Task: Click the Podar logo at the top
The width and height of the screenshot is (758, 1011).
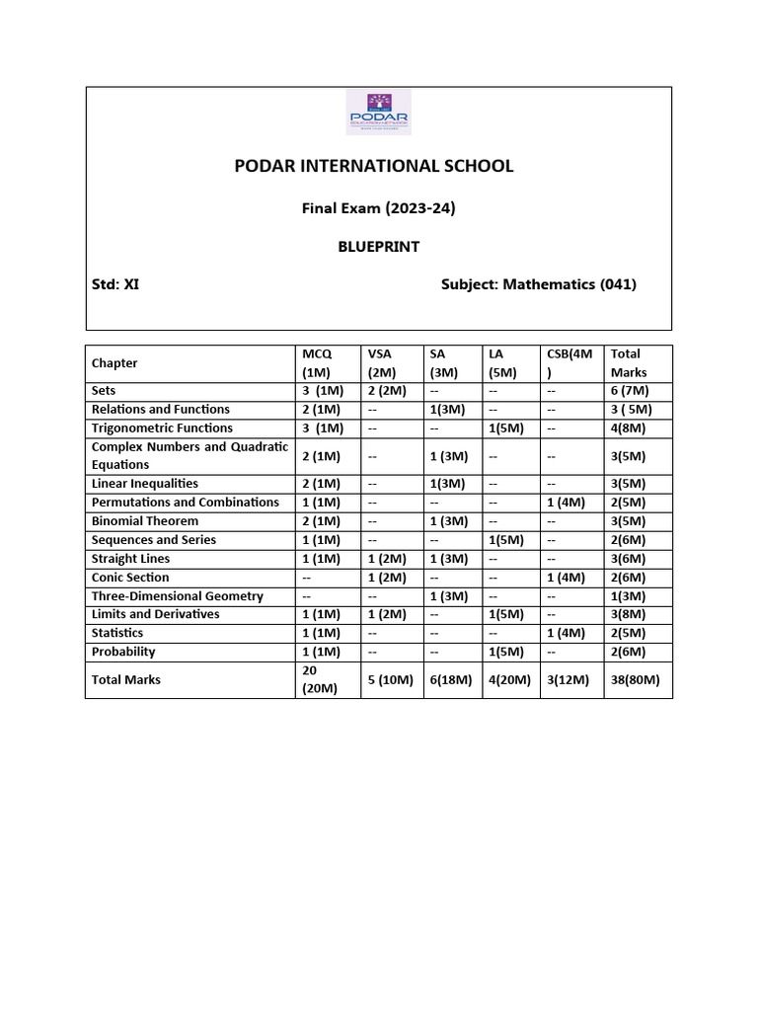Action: (x=378, y=113)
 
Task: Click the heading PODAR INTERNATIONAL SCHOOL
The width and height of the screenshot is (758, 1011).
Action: (x=374, y=166)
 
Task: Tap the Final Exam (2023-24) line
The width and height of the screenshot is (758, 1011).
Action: (x=378, y=208)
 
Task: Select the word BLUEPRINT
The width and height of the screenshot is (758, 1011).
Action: (x=378, y=246)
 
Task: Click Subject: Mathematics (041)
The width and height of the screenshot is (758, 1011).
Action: (x=538, y=284)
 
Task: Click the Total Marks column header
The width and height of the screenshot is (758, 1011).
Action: (x=626, y=363)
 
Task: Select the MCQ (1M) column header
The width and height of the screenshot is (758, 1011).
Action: (x=319, y=363)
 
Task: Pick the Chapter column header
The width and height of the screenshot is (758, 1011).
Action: (x=114, y=363)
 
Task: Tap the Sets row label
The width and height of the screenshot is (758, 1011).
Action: (x=104, y=391)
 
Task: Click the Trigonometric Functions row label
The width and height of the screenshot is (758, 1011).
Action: (x=162, y=428)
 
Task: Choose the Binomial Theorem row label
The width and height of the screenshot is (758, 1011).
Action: (x=145, y=521)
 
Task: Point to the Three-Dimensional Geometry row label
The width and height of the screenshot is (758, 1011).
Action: (x=178, y=596)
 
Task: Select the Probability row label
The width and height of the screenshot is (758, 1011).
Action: (x=123, y=652)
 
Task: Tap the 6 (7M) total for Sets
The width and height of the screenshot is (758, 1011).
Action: (x=630, y=391)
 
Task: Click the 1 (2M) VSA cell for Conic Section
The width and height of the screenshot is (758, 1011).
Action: (x=385, y=578)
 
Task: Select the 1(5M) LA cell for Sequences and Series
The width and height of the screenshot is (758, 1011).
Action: (x=504, y=540)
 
